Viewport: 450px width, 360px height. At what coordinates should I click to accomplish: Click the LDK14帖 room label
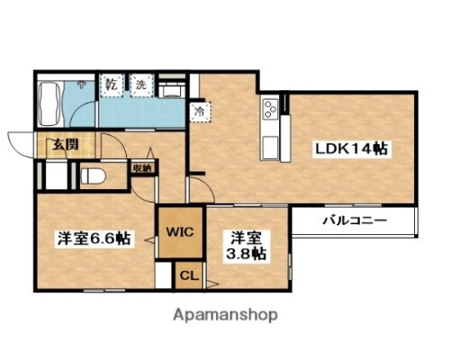350,148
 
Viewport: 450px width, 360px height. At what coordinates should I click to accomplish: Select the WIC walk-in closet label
175,229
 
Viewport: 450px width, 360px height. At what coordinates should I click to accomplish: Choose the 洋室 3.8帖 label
246,246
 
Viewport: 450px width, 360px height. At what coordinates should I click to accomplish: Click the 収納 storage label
140,166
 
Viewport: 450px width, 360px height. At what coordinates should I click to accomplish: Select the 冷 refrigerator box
198,112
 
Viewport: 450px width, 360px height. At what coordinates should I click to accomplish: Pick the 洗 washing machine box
140,85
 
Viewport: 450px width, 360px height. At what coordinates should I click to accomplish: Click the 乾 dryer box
111,85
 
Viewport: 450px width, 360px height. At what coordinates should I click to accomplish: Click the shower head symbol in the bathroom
81,85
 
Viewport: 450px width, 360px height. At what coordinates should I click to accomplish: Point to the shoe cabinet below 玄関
51,174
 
